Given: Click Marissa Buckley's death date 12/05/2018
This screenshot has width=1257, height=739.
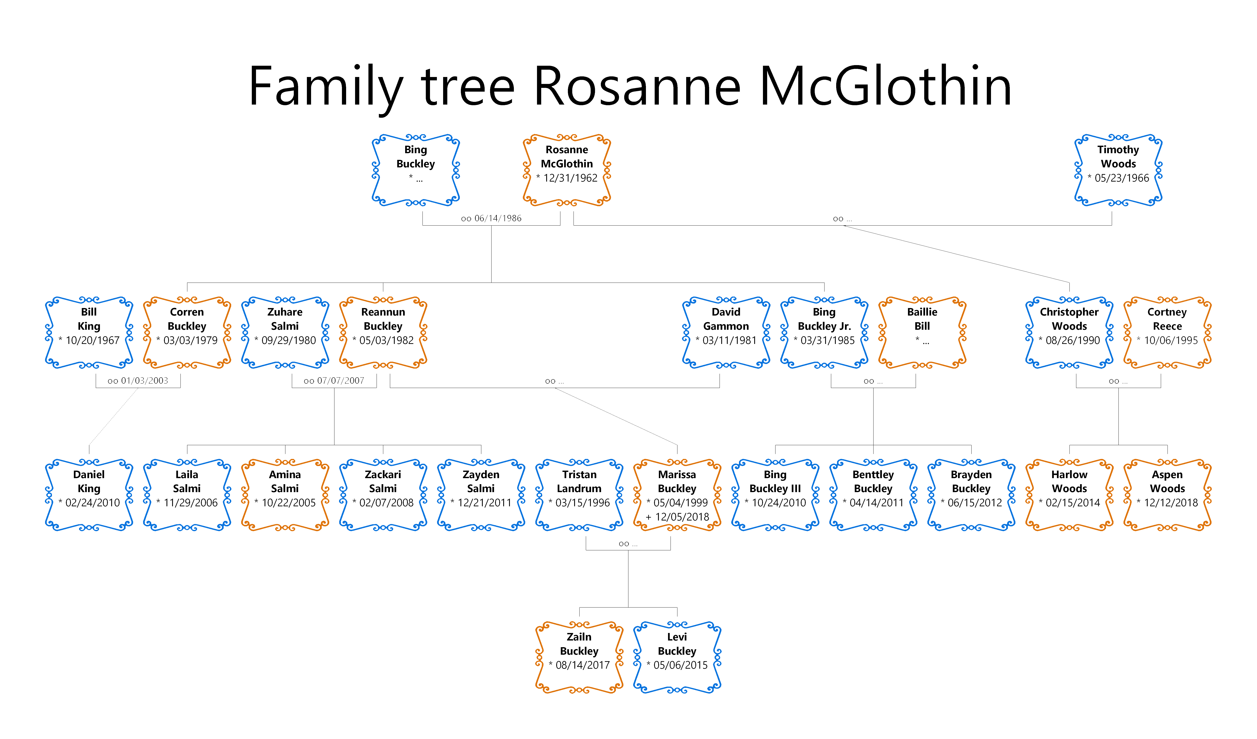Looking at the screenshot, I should (x=682, y=517).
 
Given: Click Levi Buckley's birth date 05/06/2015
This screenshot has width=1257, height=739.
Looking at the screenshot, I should (x=680, y=665).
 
